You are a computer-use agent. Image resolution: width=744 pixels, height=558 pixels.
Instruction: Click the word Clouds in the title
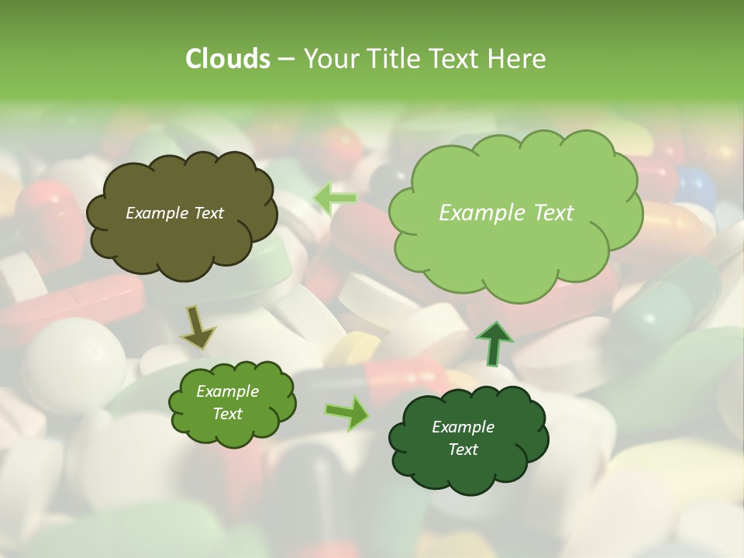[x=227, y=59]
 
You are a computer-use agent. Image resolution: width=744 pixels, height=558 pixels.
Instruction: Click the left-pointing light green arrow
[x=335, y=198]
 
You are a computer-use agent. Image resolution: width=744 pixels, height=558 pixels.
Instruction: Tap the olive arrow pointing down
[x=198, y=327]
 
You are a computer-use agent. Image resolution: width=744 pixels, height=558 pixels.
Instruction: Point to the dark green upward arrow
[x=494, y=343]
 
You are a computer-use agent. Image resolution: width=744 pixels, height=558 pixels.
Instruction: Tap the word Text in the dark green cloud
[x=463, y=449]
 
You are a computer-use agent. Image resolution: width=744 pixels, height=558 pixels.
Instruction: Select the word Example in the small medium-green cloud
[x=227, y=391]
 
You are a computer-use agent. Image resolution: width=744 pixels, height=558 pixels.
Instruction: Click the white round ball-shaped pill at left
[x=74, y=356]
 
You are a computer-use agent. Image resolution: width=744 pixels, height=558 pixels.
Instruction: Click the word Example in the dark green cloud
[x=463, y=427]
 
